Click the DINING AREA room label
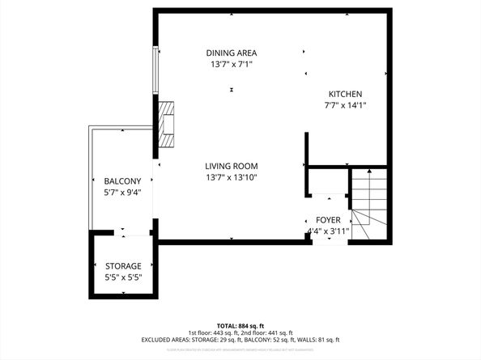[231, 53]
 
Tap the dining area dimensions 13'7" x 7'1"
[231, 65]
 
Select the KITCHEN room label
[345, 94]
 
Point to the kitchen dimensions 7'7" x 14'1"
[345, 105]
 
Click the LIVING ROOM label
[231, 166]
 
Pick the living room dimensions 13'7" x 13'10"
[231, 177]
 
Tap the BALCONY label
[122, 181]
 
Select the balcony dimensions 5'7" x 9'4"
[122, 193]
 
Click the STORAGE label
[123, 266]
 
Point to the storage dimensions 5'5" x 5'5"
[123, 277]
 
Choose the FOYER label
[328, 220]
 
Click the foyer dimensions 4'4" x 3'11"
[328, 231]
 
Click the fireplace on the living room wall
[167, 125]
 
